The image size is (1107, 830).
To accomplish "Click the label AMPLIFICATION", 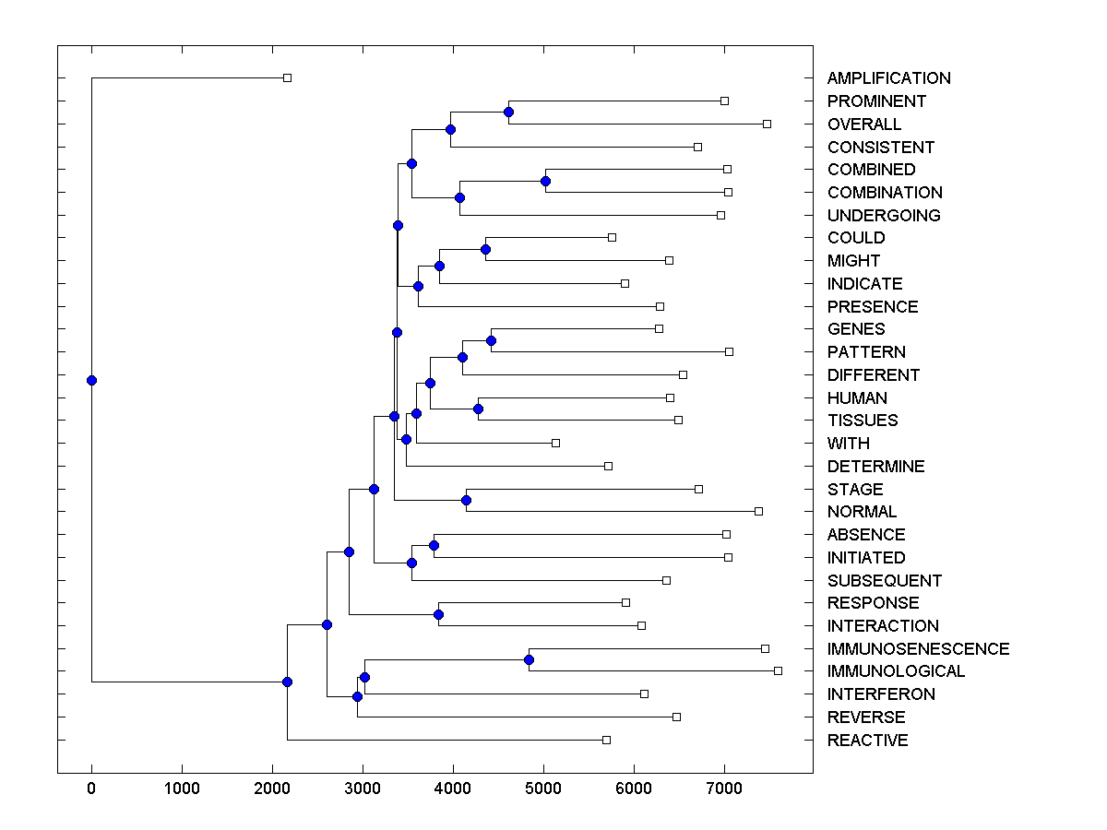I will tap(888, 78).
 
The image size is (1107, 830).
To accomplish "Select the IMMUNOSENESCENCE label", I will tap(918, 649).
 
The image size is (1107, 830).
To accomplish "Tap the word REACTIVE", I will tap(867, 741).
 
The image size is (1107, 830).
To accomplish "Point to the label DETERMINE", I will tap(875, 467).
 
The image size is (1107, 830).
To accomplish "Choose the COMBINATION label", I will tap(885, 193).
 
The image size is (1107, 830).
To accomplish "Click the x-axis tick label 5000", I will tap(543, 788).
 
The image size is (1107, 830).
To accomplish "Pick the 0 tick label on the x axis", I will tap(91, 788).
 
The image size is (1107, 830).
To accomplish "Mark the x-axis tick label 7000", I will tap(724, 788).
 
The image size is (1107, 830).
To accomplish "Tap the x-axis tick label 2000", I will tap(272, 788).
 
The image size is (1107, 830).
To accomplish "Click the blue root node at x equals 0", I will tap(91, 380).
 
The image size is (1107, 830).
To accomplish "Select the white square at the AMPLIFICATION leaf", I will tap(287, 77).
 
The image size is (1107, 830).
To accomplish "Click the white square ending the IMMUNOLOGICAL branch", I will tap(778, 670).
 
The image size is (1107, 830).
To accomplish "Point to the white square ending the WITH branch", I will tap(555, 443).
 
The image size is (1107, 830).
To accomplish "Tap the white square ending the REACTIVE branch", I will tap(606, 740).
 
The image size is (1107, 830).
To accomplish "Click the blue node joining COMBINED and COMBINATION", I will tap(545, 181).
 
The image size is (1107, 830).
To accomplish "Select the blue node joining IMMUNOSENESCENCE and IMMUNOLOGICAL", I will tap(529, 659).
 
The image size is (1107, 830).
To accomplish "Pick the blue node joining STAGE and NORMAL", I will tap(466, 500).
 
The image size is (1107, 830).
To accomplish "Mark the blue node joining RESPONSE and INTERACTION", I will tap(439, 614).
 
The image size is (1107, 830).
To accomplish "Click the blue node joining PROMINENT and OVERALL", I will tap(508, 112).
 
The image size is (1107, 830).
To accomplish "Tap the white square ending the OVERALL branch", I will tap(767, 124).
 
